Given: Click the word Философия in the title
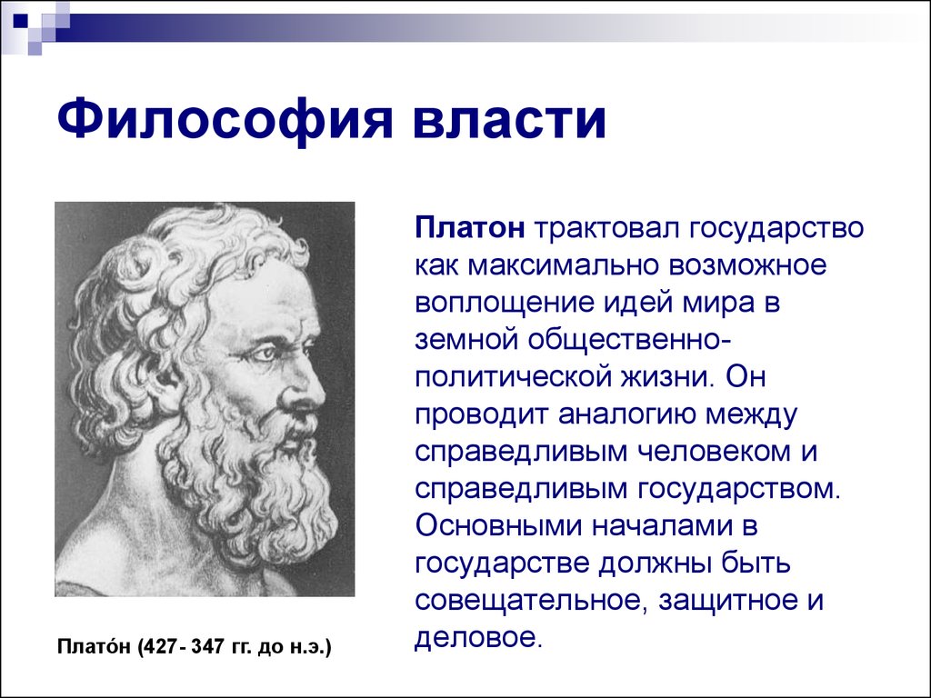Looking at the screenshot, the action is (x=225, y=121).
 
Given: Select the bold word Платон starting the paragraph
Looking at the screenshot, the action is (x=470, y=228).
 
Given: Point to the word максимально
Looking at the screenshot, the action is (x=562, y=266).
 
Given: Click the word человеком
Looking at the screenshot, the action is (x=715, y=453).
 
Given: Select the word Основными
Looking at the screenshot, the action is (x=497, y=526).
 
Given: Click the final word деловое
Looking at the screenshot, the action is (x=478, y=637).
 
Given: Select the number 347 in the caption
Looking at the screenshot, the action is (x=206, y=647).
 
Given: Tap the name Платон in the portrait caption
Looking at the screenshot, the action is (x=94, y=646).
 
